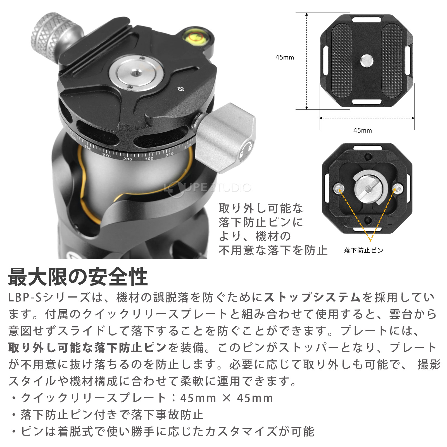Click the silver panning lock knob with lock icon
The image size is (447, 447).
226,138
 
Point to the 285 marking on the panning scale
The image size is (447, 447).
128,159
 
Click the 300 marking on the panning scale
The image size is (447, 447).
149,158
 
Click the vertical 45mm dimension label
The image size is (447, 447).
284,57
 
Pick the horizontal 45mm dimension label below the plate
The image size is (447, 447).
362,130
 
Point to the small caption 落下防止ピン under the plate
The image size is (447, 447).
363,250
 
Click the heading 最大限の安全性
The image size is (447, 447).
78,277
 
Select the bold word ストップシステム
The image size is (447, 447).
312,297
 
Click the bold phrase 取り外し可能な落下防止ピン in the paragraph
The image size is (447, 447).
87,348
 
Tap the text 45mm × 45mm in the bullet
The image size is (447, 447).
227,398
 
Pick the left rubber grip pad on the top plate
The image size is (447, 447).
341,61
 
